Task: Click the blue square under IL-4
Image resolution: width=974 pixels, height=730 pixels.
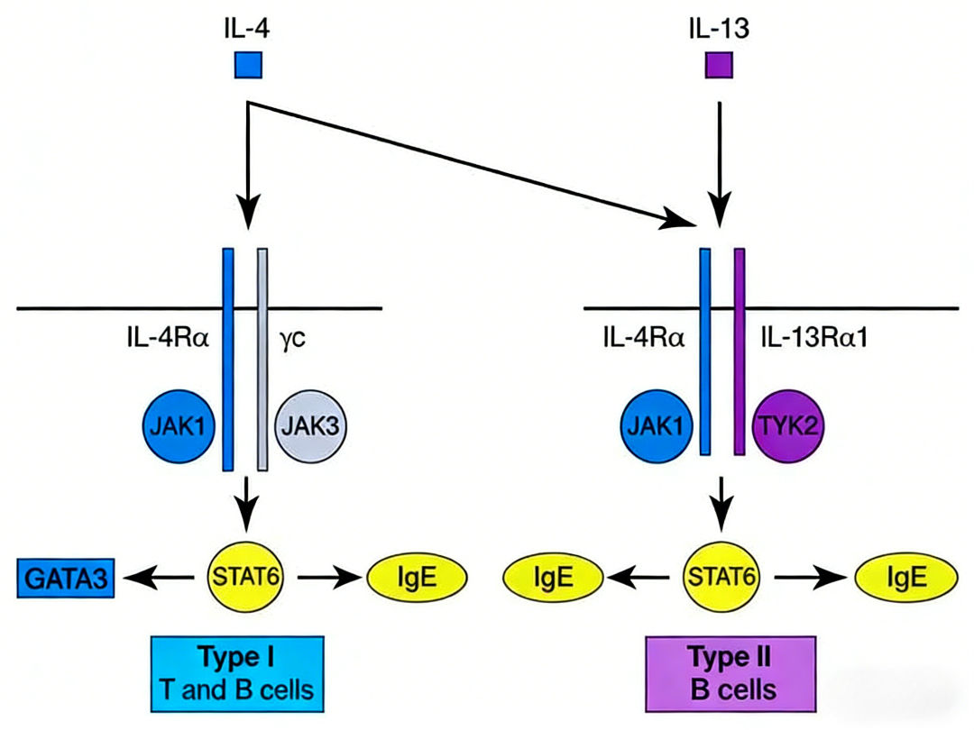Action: click(248, 65)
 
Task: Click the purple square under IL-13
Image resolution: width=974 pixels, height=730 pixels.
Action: click(719, 65)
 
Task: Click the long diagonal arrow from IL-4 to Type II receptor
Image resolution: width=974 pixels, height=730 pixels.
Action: click(469, 160)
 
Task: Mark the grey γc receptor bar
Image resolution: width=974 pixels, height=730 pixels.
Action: click(263, 360)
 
